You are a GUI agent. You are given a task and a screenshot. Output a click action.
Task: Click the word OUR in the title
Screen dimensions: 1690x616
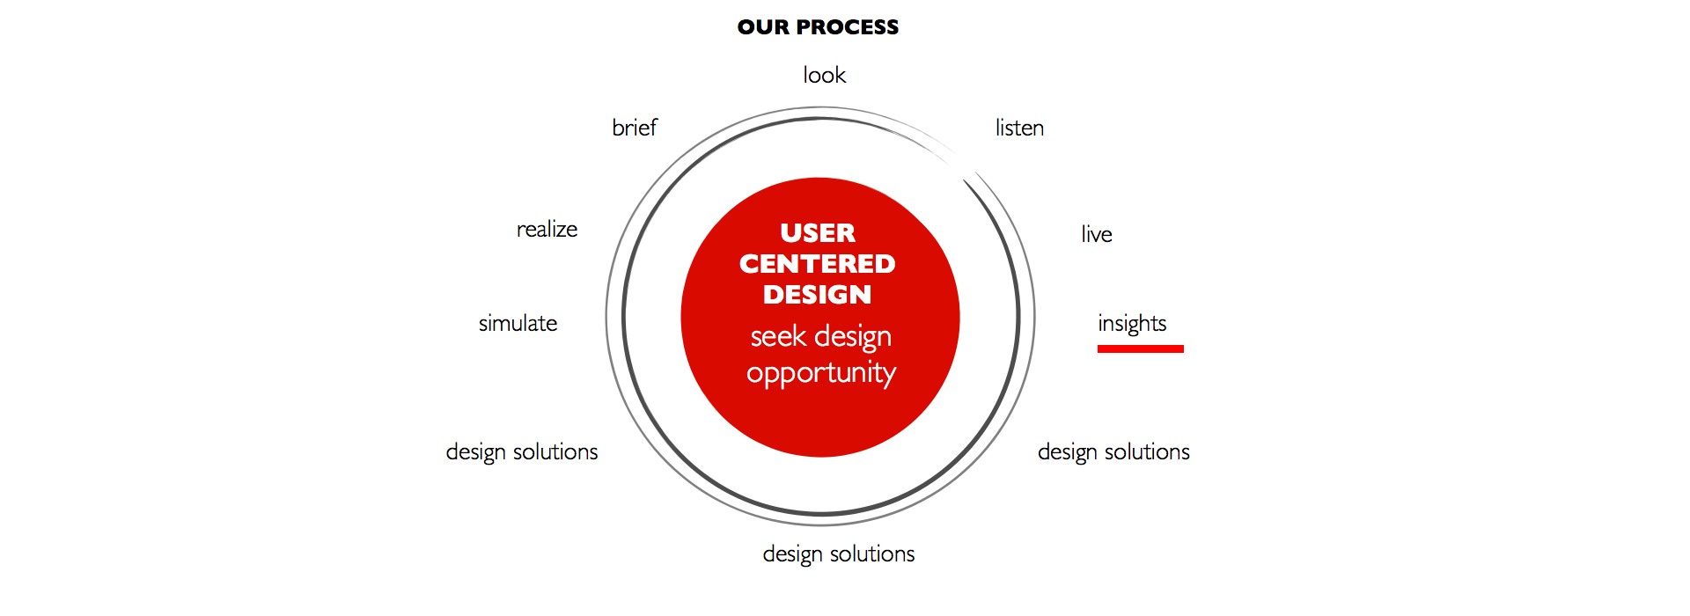click(x=762, y=27)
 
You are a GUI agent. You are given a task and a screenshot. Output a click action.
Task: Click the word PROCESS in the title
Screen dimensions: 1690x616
click(x=847, y=27)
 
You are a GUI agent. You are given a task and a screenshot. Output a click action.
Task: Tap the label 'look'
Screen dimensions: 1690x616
click(x=824, y=75)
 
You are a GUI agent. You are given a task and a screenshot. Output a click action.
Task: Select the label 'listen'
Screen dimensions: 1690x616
click(x=1019, y=128)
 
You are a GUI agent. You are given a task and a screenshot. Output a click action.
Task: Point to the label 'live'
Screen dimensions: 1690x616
click(x=1097, y=234)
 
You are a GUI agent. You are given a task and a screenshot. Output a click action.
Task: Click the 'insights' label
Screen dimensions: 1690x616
click(x=1132, y=324)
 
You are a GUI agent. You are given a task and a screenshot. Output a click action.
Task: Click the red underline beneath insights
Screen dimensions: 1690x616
click(x=1141, y=348)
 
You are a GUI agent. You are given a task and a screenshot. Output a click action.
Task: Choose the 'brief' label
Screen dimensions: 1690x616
click(x=635, y=128)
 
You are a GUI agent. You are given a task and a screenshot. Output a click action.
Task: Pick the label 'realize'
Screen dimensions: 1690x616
click(x=547, y=229)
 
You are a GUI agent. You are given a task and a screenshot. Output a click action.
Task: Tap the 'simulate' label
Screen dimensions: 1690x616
click(x=518, y=323)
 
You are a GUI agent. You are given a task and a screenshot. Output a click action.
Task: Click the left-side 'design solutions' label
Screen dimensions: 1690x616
click(x=522, y=452)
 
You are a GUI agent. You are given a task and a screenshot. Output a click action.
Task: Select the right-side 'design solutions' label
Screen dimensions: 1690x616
click(x=1113, y=452)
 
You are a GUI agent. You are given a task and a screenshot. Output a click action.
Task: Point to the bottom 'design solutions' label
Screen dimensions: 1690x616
click(x=839, y=554)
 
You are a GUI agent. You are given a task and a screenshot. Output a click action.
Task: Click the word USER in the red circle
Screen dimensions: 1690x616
click(x=818, y=232)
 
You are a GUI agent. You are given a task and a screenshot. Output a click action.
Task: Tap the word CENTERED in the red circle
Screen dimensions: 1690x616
click(x=818, y=263)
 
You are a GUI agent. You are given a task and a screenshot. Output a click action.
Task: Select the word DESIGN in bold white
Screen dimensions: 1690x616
click(x=818, y=294)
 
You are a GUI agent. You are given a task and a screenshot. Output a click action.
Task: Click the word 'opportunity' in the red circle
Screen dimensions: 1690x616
click(x=821, y=374)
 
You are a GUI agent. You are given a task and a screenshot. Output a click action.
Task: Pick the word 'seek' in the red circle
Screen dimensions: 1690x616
click(x=778, y=336)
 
